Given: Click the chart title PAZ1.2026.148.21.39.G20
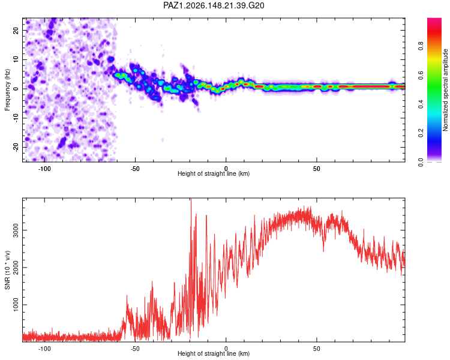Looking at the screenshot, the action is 214,5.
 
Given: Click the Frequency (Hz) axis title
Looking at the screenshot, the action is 7,90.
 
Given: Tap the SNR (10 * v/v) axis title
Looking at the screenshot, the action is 7,270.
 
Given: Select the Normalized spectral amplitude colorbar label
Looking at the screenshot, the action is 445,90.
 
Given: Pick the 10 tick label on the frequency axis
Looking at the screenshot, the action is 16,59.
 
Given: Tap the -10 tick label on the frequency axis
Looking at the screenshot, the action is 16,118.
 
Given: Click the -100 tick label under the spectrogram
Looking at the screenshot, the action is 44,169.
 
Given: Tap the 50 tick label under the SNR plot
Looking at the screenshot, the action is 317,349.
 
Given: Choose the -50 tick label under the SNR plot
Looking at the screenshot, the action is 135,349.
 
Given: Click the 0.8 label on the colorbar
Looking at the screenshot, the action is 421,46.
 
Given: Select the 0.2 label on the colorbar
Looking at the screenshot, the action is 421,133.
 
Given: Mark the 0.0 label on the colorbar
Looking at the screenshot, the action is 421,162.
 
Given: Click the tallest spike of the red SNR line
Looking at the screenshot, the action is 191,199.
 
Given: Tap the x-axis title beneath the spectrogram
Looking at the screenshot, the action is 214,173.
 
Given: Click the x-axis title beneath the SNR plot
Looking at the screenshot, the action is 214,353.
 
